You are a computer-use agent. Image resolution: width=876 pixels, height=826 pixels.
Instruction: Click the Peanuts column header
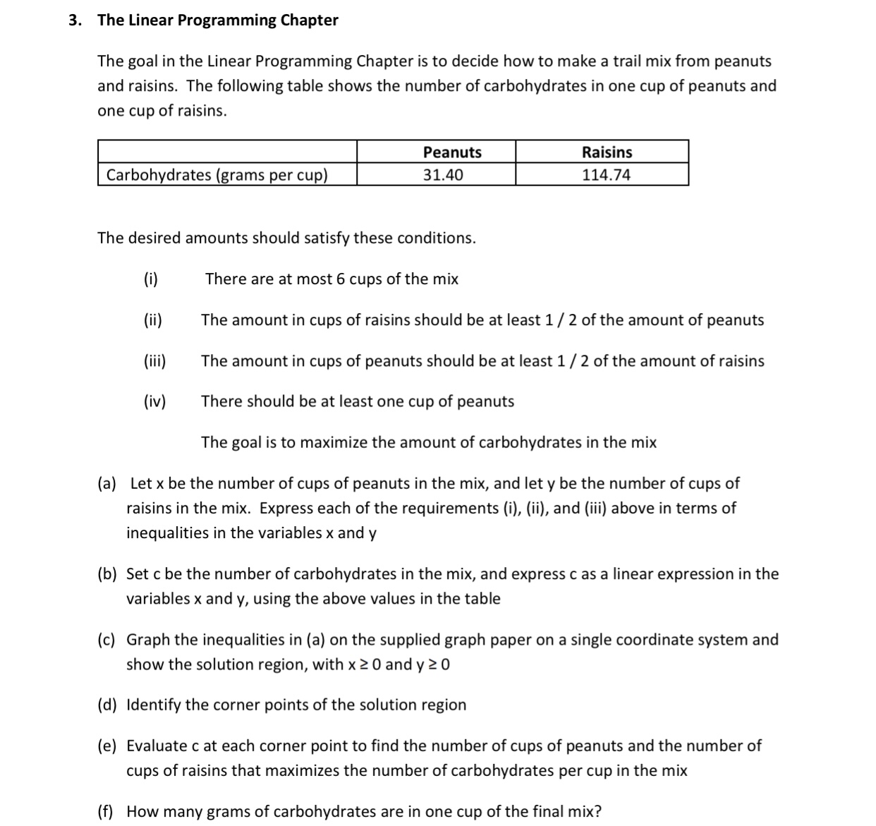click(x=452, y=152)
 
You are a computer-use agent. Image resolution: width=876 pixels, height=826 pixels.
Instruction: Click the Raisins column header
click(x=607, y=152)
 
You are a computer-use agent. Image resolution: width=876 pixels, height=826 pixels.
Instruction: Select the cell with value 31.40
click(x=443, y=175)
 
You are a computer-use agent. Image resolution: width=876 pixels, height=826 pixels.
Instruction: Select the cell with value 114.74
click(x=606, y=175)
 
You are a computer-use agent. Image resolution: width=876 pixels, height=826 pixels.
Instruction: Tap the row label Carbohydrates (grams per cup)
click(x=217, y=175)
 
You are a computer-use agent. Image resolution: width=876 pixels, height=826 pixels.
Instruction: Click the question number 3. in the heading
click(x=75, y=20)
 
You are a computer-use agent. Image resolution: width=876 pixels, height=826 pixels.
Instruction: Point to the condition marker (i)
click(x=151, y=279)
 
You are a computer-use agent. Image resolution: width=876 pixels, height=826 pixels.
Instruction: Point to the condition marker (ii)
click(x=153, y=320)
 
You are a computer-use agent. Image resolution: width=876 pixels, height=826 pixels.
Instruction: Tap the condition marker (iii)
click(x=155, y=361)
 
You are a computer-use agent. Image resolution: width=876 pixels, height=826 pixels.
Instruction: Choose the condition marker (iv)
click(x=155, y=402)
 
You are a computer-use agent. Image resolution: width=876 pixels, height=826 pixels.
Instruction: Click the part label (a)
click(x=107, y=484)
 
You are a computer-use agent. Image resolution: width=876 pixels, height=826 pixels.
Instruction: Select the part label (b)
click(x=107, y=574)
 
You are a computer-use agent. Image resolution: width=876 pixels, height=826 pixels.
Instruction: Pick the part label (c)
click(x=107, y=640)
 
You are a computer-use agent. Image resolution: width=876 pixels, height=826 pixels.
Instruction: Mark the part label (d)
click(x=107, y=705)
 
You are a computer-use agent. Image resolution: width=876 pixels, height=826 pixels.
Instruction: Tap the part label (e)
click(x=107, y=746)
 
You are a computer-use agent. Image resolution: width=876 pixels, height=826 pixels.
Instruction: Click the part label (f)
click(x=107, y=812)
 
